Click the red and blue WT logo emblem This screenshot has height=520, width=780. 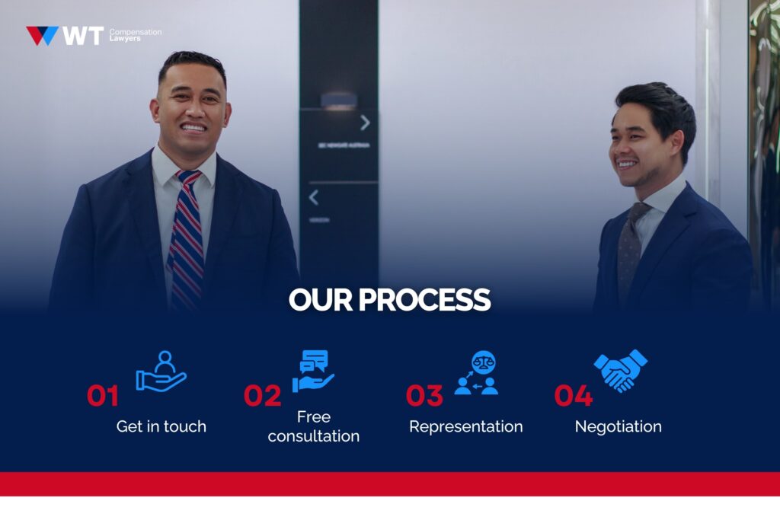42,36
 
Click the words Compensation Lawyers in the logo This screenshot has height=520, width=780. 135,35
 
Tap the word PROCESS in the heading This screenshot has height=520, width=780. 424,300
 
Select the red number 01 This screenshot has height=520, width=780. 103,396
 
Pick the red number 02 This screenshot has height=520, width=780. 263,396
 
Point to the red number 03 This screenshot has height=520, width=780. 424,396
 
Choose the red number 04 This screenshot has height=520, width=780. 573,396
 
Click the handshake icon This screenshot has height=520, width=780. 620,371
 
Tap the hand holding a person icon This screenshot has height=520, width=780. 161,372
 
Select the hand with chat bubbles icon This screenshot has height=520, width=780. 313,371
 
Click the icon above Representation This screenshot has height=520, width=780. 476,372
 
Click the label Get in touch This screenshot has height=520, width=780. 161,426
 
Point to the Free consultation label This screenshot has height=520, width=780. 314,426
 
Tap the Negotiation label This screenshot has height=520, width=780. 618,426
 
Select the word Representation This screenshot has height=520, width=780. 465,426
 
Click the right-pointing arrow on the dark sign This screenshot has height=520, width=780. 365,123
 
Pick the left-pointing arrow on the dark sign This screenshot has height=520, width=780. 313,198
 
